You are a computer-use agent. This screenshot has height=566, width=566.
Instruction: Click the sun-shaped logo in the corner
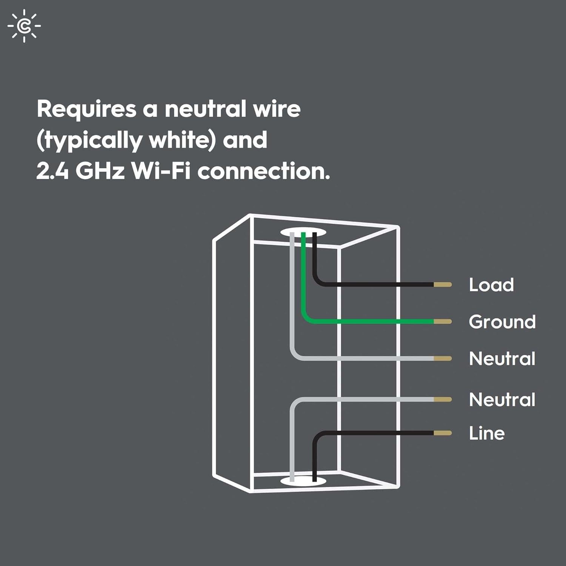pos(24,26)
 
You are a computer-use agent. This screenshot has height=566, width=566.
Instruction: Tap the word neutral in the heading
pos(205,109)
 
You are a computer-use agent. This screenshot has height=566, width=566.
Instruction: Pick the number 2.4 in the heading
pos(52,171)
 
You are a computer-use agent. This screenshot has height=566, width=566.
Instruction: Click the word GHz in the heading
pos(100,171)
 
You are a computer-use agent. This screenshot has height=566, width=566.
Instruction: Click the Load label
pos(491,285)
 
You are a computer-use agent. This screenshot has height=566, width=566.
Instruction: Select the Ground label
pos(502,321)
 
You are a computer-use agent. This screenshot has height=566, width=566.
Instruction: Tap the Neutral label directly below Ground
pos(502,358)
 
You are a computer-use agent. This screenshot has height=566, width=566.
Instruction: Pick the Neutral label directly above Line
pos(502,400)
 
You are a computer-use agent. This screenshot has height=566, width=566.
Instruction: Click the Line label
pos(487,433)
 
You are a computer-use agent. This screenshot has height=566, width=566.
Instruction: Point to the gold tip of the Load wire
pos(443,285)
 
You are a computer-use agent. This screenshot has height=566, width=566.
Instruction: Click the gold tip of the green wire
pos(443,321)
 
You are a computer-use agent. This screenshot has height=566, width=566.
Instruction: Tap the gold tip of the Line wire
pos(443,433)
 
